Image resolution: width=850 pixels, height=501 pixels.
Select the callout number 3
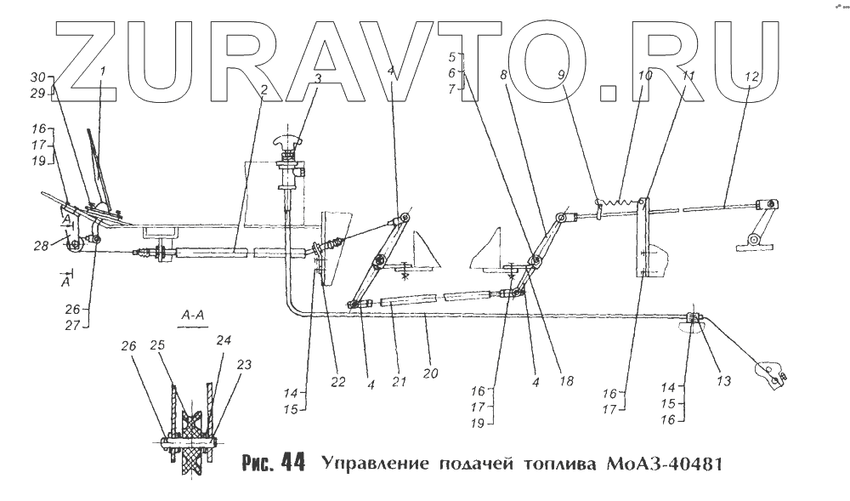click(317, 78)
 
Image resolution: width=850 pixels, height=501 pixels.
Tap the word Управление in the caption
click(372, 464)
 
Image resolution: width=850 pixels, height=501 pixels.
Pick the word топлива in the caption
click(558, 464)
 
